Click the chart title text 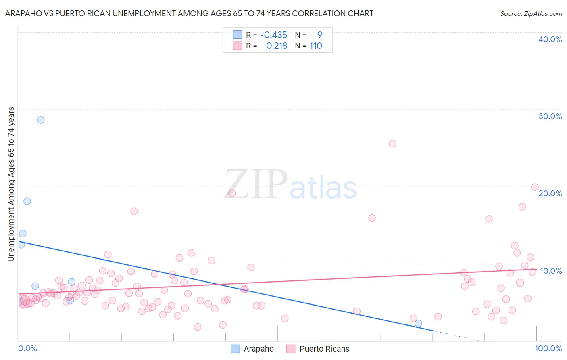[x=189, y=13]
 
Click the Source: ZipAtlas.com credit [x=531, y=13]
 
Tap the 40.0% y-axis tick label [x=550, y=39]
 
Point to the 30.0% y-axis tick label [x=550, y=116]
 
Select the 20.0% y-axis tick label [x=550, y=193]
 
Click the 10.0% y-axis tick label [x=551, y=271]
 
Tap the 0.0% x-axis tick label [x=27, y=348]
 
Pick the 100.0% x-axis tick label [x=548, y=348]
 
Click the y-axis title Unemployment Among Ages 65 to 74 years [x=11, y=184]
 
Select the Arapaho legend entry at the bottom [x=252, y=349]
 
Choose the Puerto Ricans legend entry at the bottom [x=318, y=349]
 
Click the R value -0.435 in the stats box [x=274, y=35]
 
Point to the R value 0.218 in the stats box [x=277, y=46]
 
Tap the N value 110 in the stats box [x=316, y=46]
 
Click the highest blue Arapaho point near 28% [x=41, y=120]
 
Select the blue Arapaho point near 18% [x=27, y=201]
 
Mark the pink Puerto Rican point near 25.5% [x=392, y=144]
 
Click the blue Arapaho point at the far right [x=418, y=323]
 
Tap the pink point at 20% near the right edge [x=535, y=187]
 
